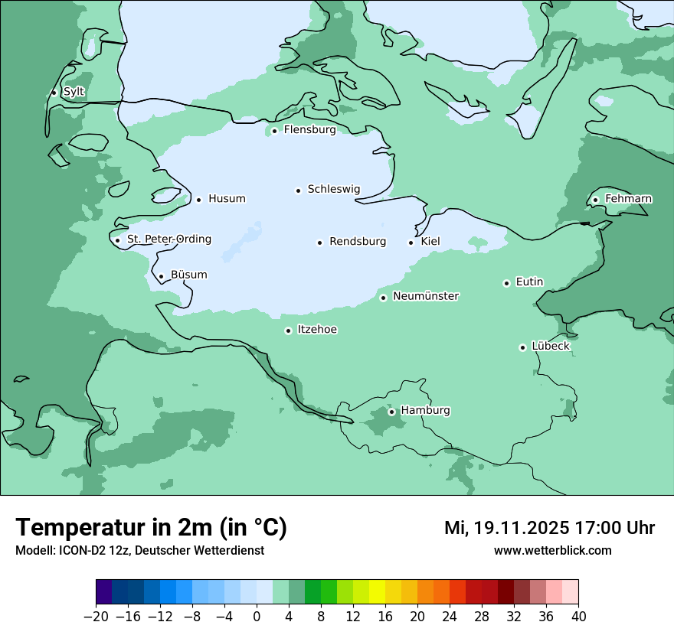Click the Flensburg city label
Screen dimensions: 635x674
click(x=309, y=130)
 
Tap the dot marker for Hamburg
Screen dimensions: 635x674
click(x=391, y=412)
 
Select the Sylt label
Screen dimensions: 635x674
click(x=74, y=92)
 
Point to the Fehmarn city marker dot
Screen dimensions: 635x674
click(x=596, y=200)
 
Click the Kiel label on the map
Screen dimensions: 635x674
click(x=430, y=242)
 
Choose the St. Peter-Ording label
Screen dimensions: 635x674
click(x=168, y=239)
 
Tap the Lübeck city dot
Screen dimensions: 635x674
click(x=523, y=347)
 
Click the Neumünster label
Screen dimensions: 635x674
click(x=426, y=296)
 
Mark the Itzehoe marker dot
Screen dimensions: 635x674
click(x=288, y=331)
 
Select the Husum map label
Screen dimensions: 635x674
click(x=227, y=199)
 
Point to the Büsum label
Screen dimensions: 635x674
click(x=188, y=275)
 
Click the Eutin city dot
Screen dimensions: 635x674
click(x=506, y=283)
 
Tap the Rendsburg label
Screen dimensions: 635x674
click(x=358, y=242)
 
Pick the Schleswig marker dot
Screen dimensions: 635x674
click(x=299, y=190)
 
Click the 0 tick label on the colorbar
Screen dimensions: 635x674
click(x=257, y=617)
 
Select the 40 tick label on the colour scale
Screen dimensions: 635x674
click(x=578, y=617)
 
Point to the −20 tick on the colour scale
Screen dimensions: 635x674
click(x=96, y=617)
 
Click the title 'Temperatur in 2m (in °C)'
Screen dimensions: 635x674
click(x=151, y=527)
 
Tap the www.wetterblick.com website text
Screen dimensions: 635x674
click(x=552, y=550)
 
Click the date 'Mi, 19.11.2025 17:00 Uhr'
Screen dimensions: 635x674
click(x=549, y=528)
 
